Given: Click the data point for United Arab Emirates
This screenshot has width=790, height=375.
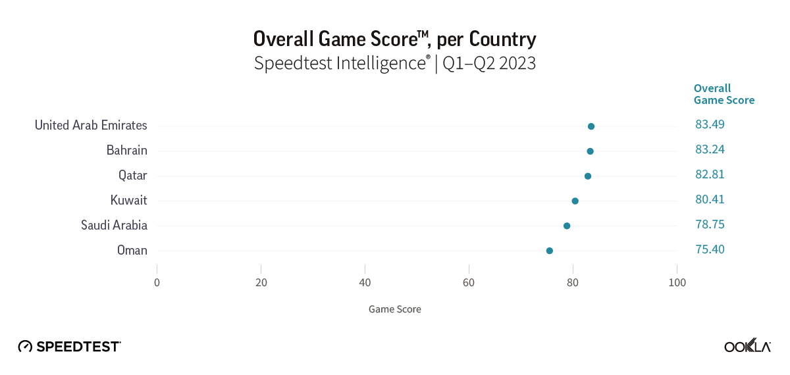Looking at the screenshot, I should point(591,126).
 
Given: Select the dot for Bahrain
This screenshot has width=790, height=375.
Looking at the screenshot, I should point(590,151).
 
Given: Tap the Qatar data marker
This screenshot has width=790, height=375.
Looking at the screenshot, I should point(588,176).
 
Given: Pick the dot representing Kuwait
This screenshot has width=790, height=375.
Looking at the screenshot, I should point(575,201).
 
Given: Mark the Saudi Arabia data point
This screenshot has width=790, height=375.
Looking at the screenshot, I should point(567,226).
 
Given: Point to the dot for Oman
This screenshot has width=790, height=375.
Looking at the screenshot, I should point(550,251).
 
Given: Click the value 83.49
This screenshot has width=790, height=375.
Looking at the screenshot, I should point(710,124).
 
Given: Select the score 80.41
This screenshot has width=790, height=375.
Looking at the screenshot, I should point(710,199).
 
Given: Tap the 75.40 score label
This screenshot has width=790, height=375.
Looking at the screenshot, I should point(710,249).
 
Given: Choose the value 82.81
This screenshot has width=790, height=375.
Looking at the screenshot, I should point(710,174).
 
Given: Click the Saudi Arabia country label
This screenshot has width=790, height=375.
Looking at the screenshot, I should point(114,225).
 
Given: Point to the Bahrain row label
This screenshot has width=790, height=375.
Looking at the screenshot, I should point(126,151).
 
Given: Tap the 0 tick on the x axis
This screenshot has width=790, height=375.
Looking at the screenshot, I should point(157,282).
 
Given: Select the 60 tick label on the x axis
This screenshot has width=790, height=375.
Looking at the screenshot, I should point(469,282).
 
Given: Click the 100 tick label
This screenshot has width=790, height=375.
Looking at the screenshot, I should point(677,282).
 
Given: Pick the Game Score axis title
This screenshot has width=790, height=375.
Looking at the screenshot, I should point(394,309).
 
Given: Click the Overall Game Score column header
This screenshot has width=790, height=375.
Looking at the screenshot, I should point(724,94).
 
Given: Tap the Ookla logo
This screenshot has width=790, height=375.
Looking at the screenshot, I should point(747,346).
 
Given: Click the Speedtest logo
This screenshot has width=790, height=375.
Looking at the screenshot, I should point(69,346).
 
